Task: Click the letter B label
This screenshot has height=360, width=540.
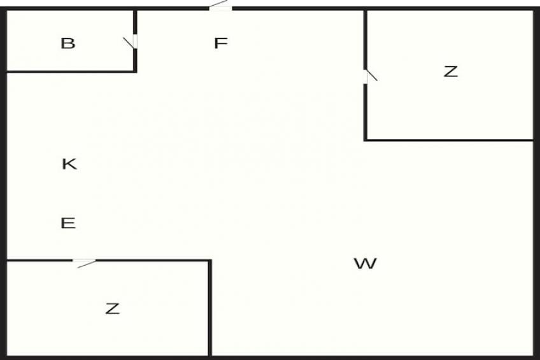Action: point(68,43)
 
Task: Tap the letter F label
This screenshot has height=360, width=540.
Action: point(221,43)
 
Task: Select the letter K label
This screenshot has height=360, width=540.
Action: point(69,164)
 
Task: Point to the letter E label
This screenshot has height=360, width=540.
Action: point(68,223)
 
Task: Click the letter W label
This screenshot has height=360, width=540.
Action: point(366,264)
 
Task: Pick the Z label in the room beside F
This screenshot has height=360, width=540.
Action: point(451,71)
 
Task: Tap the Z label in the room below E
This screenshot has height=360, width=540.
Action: point(113,308)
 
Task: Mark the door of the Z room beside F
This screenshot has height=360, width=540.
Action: point(370,76)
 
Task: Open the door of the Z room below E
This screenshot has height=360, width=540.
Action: point(84,263)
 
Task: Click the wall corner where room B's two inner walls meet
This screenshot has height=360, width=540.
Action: point(135,71)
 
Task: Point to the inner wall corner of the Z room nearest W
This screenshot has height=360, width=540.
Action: point(366,140)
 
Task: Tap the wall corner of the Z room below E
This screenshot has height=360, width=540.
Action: point(210,261)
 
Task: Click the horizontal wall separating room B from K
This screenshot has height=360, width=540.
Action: point(70,71)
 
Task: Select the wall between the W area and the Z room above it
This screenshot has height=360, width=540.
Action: point(449,140)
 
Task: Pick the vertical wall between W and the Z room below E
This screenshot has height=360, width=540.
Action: point(210,308)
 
